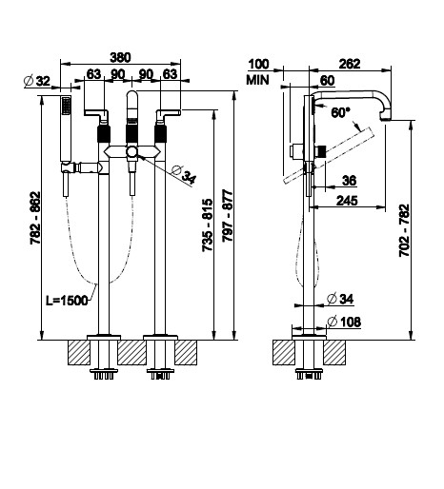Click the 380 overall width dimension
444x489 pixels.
[x=120, y=58]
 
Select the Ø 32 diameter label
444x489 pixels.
[x=37, y=81]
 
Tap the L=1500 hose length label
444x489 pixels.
[x=67, y=301]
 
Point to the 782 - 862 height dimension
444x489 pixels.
[x=35, y=218]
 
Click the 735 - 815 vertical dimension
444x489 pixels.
[x=208, y=225]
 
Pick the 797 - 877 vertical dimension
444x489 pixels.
[x=228, y=216]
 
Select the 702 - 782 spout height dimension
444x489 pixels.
[x=404, y=230]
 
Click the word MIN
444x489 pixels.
[x=257, y=80]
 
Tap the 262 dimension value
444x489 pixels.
[x=350, y=64]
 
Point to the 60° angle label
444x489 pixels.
[x=340, y=112]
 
